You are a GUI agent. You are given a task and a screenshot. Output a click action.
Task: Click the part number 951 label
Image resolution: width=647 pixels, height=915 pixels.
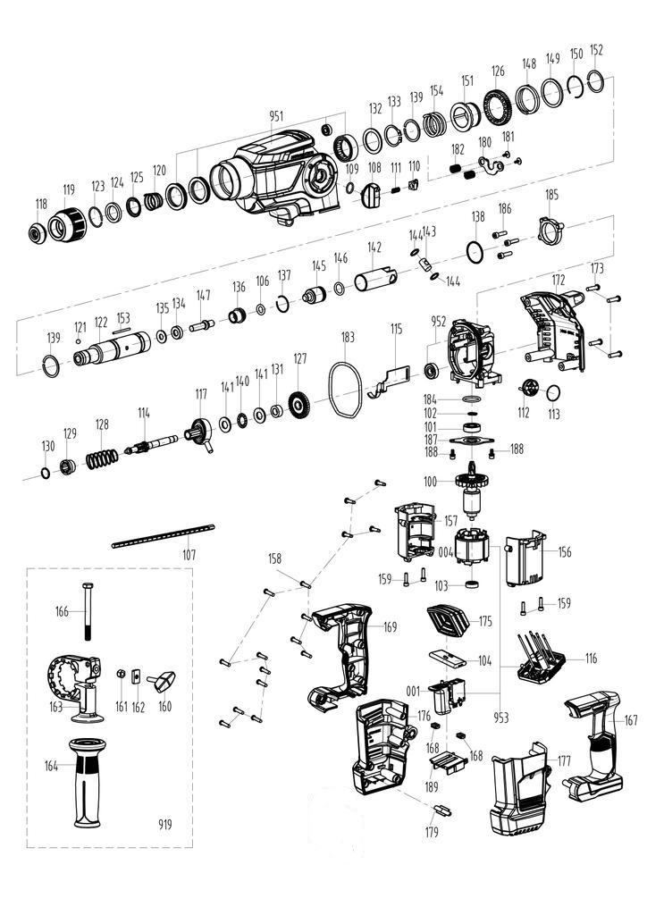(276, 116)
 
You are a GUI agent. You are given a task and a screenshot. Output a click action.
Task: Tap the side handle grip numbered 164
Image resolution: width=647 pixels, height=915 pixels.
(87, 782)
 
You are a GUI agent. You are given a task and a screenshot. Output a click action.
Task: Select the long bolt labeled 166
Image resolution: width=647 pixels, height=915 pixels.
(88, 611)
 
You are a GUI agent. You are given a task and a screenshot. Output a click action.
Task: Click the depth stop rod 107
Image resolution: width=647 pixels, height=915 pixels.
(164, 536)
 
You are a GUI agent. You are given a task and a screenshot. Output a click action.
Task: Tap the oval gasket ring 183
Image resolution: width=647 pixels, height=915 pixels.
(344, 390)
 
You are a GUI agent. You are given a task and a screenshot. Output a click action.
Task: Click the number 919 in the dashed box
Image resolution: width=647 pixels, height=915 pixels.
(165, 825)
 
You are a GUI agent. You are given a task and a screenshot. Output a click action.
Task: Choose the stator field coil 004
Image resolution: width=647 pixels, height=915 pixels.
(471, 548)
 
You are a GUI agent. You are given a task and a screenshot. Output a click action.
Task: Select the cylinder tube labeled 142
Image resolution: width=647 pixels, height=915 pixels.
(375, 279)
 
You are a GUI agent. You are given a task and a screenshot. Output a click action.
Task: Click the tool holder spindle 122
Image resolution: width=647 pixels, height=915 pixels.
(112, 350)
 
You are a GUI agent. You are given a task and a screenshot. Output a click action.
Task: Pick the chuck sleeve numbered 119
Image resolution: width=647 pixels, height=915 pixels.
(67, 223)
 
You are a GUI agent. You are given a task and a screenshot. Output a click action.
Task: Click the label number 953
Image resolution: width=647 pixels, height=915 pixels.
(500, 718)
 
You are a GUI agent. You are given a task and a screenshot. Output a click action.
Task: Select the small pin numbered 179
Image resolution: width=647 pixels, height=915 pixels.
(443, 810)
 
